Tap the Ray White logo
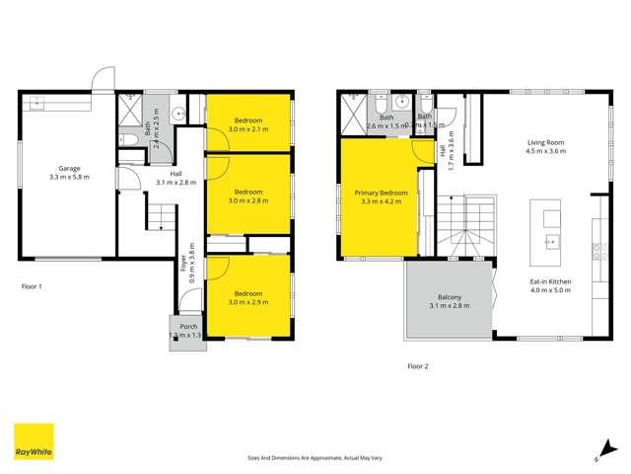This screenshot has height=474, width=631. point(34,443)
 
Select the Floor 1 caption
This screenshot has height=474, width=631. point(33,286)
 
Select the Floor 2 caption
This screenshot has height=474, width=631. point(419,366)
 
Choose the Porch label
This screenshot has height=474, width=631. point(186,327)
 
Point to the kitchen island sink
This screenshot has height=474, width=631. point(551,240)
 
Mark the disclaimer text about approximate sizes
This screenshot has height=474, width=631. point(315,457)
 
